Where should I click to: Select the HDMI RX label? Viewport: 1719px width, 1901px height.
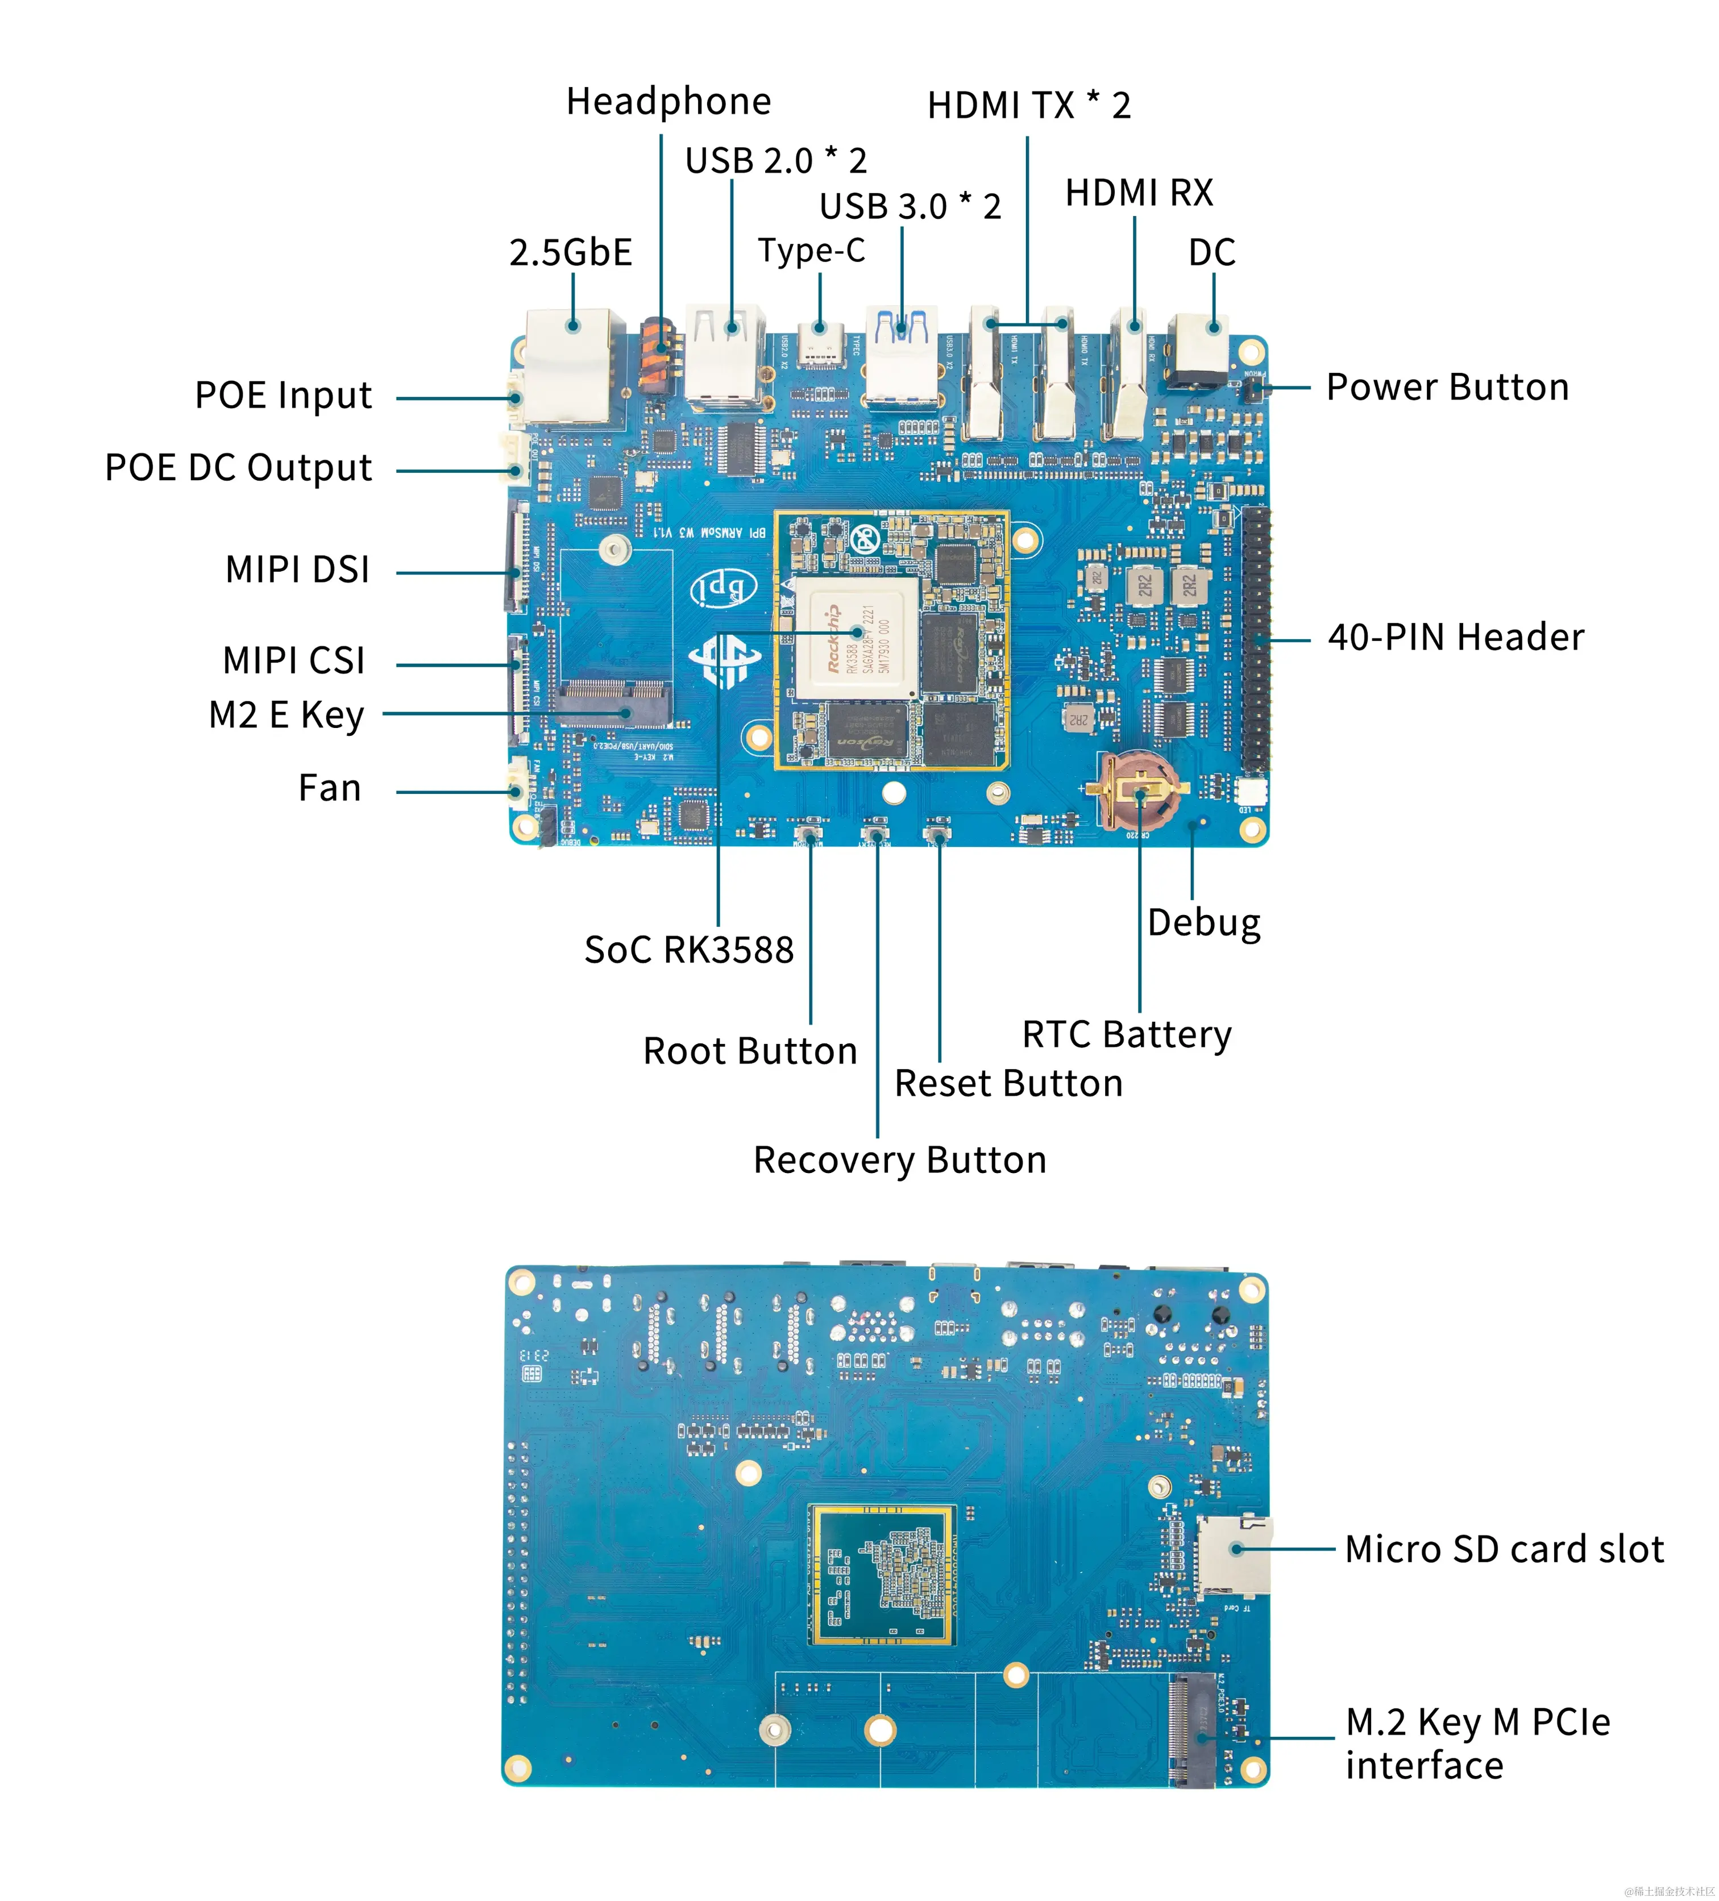tap(1138, 193)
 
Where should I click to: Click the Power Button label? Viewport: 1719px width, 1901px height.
tap(1447, 388)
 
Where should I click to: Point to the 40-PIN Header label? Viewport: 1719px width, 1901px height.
tap(1455, 638)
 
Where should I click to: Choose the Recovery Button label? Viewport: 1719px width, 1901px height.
tap(899, 1160)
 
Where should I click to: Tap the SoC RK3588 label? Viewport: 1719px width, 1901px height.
tap(688, 950)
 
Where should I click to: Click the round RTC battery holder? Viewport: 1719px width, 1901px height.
tap(1139, 790)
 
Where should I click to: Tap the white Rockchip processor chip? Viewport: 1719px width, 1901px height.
tap(856, 638)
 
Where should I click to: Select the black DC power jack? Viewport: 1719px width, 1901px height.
tap(1198, 351)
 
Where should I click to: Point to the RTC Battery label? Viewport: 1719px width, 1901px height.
tap(1126, 1034)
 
